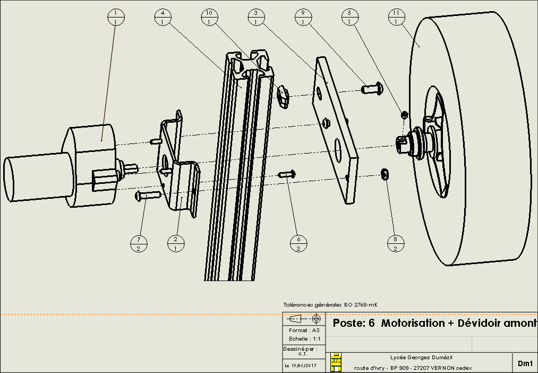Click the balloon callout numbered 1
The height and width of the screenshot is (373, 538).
pyautogui.click(x=116, y=17)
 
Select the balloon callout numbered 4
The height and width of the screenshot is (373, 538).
pyautogui.click(x=163, y=17)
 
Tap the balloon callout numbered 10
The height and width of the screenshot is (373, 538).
pyautogui.click(x=209, y=17)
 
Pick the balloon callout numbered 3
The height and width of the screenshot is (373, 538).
pyautogui.click(x=256, y=17)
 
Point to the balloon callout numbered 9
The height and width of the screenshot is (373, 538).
pyautogui.click(x=303, y=17)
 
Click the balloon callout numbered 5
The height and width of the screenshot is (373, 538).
pyautogui.click(x=349, y=17)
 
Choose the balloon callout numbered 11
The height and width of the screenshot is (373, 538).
pyautogui.click(x=396, y=17)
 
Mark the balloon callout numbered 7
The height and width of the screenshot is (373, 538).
pyautogui.click(x=139, y=244)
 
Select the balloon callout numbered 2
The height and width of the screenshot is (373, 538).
pyautogui.click(x=176, y=244)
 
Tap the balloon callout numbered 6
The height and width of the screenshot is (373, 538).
pyautogui.click(x=298, y=244)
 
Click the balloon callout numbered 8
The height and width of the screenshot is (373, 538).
pyautogui.click(x=395, y=244)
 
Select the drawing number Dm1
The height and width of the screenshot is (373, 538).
pyautogui.click(x=525, y=363)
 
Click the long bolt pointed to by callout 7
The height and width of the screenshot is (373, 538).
pyautogui.click(x=148, y=195)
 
